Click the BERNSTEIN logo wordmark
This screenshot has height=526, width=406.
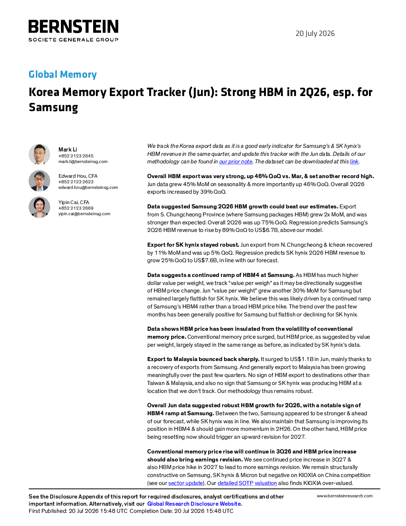[x=73, y=26]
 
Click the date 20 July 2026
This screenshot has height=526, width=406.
[x=315, y=33]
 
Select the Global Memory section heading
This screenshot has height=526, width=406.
[x=62, y=74]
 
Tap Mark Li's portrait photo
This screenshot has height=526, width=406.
[x=39, y=155]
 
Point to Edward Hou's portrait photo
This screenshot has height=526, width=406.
[x=39, y=181]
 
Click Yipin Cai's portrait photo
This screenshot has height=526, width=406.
[x=39, y=207]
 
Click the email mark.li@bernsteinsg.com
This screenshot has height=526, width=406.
[x=83, y=161]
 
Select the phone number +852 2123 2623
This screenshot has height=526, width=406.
[x=76, y=182]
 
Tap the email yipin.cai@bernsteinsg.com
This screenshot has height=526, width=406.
[x=84, y=214]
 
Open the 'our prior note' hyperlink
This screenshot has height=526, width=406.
[x=236, y=162]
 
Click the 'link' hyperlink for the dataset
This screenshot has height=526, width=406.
[x=354, y=162]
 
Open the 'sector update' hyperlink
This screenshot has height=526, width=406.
[x=185, y=483]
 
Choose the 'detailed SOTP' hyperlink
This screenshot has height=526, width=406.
[x=235, y=483]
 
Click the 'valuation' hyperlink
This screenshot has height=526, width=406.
[x=265, y=483]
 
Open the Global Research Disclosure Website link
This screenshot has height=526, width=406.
[x=194, y=504]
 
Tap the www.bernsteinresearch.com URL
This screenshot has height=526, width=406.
[x=345, y=496]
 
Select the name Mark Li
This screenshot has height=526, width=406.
[x=68, y=149]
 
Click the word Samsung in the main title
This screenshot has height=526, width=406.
[x=53, y=108]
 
